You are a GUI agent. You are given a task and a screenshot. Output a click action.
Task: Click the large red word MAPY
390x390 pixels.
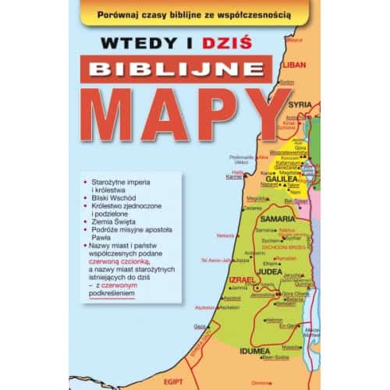tap(184, 115)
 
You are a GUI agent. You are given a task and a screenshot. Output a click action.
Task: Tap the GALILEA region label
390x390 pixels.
tap(285, 178)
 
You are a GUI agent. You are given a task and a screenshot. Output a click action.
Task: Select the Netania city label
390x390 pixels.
tap(225, 235)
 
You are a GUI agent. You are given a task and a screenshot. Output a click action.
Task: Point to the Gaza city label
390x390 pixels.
tap(200, 326)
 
